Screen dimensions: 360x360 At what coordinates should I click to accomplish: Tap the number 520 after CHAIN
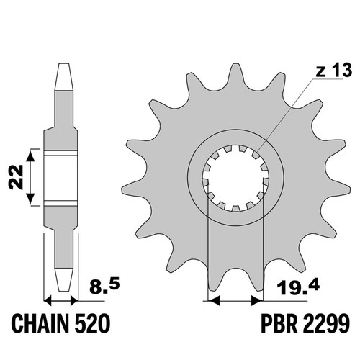(x=92, y=323)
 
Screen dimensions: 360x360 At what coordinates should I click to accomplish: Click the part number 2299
(x=324, y=323)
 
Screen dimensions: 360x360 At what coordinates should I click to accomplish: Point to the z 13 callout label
(x=334, y=71)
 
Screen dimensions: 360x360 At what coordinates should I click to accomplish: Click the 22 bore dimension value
(x=16, y=177)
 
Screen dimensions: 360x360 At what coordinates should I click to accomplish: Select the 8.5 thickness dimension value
(x=104, y=287)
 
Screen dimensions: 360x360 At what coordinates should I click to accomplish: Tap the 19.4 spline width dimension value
(x=298, y=287)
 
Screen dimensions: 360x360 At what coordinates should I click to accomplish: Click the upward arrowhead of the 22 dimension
(x=30, y=156)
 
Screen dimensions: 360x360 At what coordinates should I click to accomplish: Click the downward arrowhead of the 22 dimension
(x=30, y=199)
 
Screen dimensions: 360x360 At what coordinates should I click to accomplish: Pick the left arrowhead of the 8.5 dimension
(x=48, y=300)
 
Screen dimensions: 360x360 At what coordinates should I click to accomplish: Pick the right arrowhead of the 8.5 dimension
(x=74, y=300)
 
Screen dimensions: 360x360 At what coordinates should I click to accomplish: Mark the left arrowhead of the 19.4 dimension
(x=214, y=300)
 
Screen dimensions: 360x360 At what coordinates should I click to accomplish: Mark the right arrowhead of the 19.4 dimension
(x=257, y=300)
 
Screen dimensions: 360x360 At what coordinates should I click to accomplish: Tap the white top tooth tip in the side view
(x=64, y=77)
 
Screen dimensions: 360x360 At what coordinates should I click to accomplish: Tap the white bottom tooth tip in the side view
(x=64, y=280)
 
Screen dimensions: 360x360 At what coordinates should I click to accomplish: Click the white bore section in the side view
(x=61, y=178)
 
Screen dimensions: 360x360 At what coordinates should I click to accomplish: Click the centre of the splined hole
(x=235, y=178)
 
